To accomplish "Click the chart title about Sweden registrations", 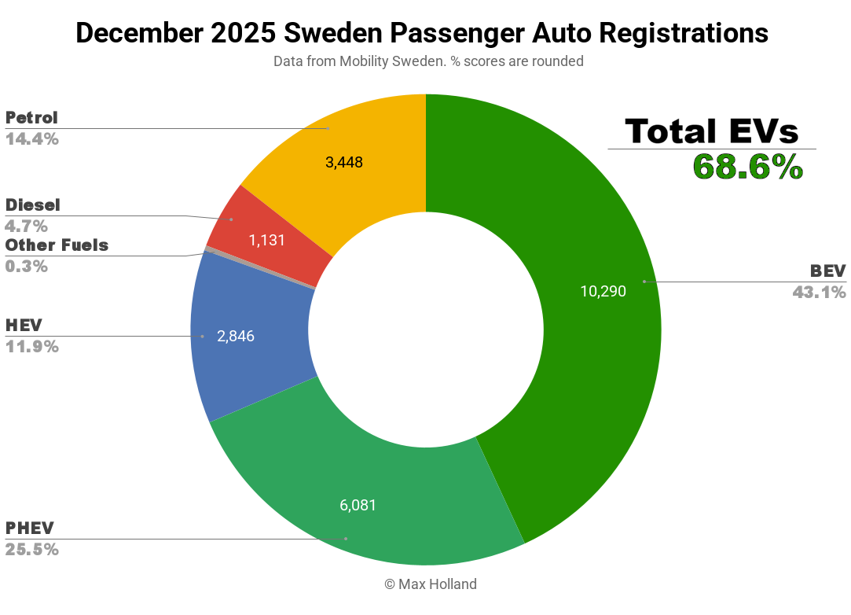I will click(x=422, y=33).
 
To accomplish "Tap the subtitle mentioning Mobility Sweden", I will click(x=428, y=61).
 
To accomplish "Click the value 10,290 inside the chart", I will click(x=603, y=292).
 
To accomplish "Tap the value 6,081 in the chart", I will click(x=358, y=505).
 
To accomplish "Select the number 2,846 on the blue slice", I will click(x=236, y=337).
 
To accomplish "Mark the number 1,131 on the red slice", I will click(x=266, y=241).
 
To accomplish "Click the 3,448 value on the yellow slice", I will click(x=343, y=163).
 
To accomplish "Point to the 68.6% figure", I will click(x=747, y=167).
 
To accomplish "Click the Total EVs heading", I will click(x=711, y=131).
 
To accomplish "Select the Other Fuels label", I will click(x=57, y=245).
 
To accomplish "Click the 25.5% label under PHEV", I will click(x=31, y=550).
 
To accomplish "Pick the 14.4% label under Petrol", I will click(x=31, y=139).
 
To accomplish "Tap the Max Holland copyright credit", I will click(x=430, y=584).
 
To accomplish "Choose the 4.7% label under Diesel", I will click(x=26, y=226).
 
